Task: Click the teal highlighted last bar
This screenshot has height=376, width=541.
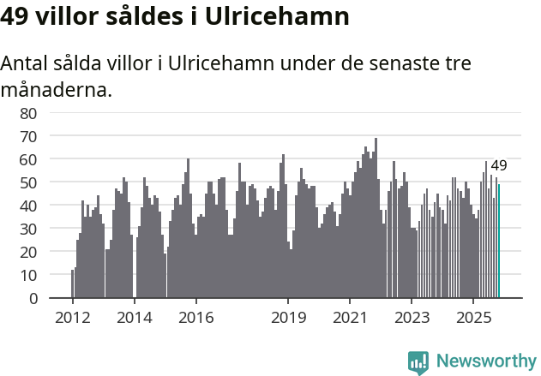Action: coord(499,242)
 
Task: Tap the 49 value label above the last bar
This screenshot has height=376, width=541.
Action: coord(499,166)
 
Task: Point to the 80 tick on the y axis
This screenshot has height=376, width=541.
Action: coord(28,113)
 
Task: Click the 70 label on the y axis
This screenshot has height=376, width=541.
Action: coord(28,136)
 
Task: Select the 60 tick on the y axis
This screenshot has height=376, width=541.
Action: coord(28,159)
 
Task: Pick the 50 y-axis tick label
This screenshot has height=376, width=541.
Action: coord(28,182)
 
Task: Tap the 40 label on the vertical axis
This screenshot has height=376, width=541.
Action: coord(28,206)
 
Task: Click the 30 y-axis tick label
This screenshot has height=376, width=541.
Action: coord(28,229)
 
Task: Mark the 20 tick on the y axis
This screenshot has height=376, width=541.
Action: coord(28,252)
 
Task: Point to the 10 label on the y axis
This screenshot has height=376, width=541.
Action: coord(28,275)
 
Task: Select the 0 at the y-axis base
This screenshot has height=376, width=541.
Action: coord(33,298)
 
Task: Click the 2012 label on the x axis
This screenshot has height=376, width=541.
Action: coord(72,317)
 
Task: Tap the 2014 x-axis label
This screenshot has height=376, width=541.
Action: coord(134,317)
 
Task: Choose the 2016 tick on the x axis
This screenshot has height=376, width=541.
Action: coord(195,317)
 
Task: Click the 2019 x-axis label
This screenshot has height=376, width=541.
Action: coord(288,317)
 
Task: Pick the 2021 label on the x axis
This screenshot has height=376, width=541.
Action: coord(350,317)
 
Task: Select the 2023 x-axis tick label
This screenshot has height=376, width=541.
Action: coord(412,317)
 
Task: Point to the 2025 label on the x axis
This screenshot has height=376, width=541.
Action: coord(473,317)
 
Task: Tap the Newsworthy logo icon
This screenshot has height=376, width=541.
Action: coord(418,362)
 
